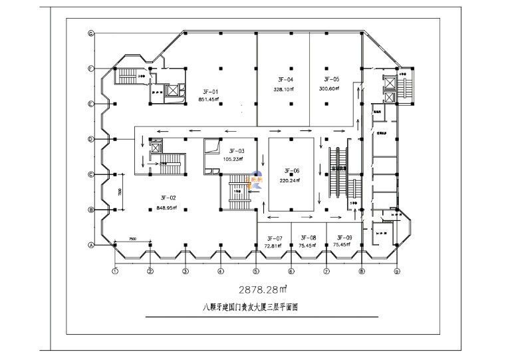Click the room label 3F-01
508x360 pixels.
[x=210, y=91]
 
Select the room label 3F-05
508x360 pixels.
[x=330, y=79]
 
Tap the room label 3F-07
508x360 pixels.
[x=275, y=238]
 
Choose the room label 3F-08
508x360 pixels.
[x=308, y=238]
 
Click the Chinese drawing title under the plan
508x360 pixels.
[x=251, y=308]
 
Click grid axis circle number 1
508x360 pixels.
[x=115, y=271]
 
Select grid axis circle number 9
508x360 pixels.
[x=396, y=271]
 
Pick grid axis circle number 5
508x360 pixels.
[x=255, y=271]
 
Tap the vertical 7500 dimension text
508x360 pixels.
[x=120, y=192]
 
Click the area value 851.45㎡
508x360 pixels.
[x=210, y=99]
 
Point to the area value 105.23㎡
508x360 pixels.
[x=232, y=159]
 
